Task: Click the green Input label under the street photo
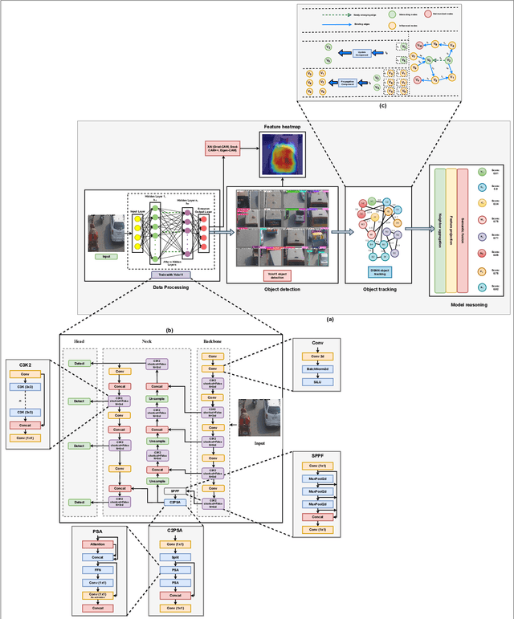coord(106,257)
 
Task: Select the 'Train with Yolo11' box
coord(176,275)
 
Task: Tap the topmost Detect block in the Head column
coord(78,363)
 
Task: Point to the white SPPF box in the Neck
coord(174,490)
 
